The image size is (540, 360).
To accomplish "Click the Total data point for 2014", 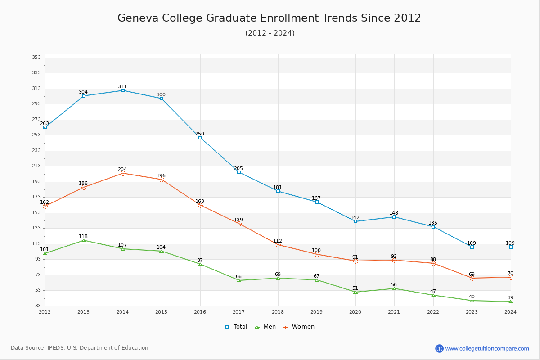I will coord(123,90).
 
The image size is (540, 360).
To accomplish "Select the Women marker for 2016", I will coord(200,205).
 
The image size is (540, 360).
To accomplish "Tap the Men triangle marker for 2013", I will coord(84,240).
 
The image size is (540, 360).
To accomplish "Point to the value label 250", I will coord(200,134).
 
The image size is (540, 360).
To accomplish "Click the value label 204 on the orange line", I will coord(122,169).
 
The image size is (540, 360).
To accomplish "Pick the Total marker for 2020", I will coord(355,221).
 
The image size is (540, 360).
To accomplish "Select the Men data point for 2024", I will coord(511,301).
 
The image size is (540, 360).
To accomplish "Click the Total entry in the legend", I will coord(236,327).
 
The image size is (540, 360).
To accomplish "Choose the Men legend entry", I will coord(265,327).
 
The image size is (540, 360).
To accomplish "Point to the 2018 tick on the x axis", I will coord(278,311).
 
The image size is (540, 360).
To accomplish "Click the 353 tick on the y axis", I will coord(36,57).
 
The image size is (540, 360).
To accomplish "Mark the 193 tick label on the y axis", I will coord(36,181).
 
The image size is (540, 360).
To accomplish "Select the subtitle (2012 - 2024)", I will coord(270,33).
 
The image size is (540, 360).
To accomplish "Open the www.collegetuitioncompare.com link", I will coord(487,348).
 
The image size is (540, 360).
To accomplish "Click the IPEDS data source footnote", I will coord(80,348).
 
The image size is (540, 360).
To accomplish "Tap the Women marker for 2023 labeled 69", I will coord(472,278).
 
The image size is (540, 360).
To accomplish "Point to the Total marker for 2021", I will coord(394,217).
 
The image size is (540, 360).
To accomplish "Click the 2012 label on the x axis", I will coord(45,311).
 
